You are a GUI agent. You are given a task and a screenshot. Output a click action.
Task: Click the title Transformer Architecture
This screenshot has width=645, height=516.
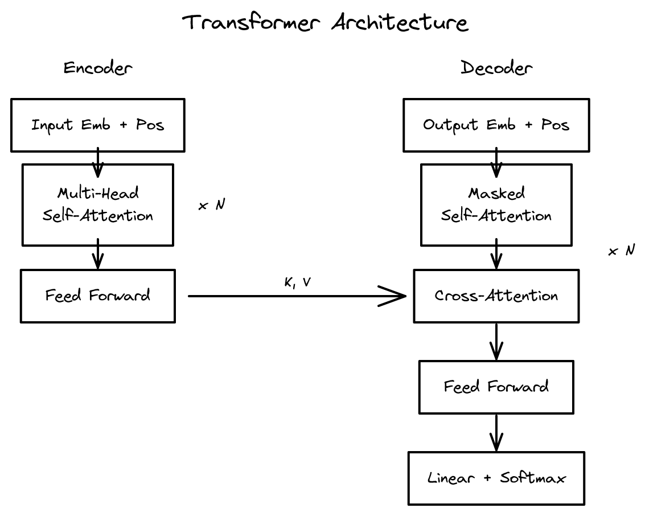pyautogui.click(x=325, y=23)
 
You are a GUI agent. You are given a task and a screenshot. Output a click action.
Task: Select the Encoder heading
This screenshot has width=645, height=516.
pyautogui.click(x=98, y=68)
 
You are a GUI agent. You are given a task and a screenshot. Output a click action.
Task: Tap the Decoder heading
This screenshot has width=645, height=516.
pyautogui.click(x=496, y=68)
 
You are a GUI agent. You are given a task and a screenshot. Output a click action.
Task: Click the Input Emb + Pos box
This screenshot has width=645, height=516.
pyautogui.click(x=98, y=125)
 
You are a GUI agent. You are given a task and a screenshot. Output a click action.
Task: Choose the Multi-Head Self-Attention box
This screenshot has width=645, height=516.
pyautogui.click(x=98, y=205)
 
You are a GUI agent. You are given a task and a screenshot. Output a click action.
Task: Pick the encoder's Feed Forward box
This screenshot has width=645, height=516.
pyautogui.click(x=98, y=296)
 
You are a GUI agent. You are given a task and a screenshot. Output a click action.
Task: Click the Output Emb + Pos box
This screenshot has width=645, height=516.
pyautogui.click(x=496, y=125)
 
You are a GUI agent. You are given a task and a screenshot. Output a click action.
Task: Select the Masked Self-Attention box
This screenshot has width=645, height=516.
pyautogui.click(x=496, y=205)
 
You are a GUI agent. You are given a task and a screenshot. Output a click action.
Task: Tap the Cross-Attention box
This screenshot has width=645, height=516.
pyautogui.click(x=496, y=296)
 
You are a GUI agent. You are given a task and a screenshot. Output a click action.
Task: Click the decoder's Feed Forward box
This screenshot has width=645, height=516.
pyautogui.click(x=496, y=387)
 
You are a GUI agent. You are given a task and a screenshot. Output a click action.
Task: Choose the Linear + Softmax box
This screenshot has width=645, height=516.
pyautogui.click(x=496, y=478)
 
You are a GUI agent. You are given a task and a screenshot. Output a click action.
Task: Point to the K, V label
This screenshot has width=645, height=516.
pyautogui.click(x=297, y=283)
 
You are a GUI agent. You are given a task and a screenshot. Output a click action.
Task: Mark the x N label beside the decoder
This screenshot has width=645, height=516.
pyautogui.click(x=622, y=251)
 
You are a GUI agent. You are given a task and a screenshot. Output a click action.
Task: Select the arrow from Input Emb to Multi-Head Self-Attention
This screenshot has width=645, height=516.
pyautogui.click(x=98, y=162)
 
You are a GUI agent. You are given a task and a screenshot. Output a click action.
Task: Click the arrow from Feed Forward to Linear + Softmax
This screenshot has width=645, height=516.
pyautogui.click(x=496, y=434)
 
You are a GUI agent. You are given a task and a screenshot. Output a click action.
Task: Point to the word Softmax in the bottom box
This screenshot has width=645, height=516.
pyautogui.click(x=533, y=478)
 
